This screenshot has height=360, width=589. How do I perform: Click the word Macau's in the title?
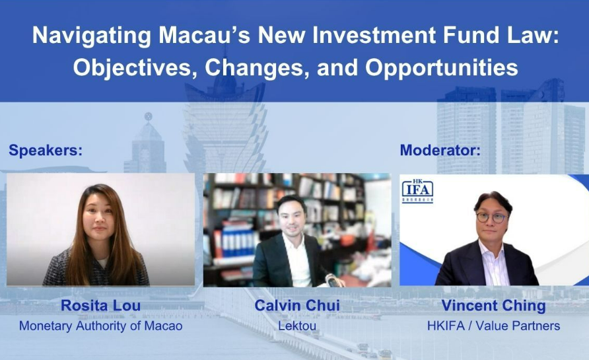pos(204,35)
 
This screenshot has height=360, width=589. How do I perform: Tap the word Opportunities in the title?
pos(441,67)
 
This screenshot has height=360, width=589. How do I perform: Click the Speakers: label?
pos(46,150)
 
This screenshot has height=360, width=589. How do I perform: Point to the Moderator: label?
pos(440,150)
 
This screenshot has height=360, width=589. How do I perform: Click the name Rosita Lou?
pos(100,306)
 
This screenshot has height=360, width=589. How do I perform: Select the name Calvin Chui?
pos(297,306)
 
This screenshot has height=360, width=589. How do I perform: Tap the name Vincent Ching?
pos(494,306)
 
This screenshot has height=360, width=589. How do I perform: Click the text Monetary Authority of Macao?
pos(100,326)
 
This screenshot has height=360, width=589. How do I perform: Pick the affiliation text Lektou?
pos(297,326)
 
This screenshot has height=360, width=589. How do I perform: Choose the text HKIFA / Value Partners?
pos(494,326)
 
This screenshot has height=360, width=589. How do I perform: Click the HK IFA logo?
pos(418,191)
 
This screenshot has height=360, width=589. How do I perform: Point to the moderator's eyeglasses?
pos(492,217)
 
